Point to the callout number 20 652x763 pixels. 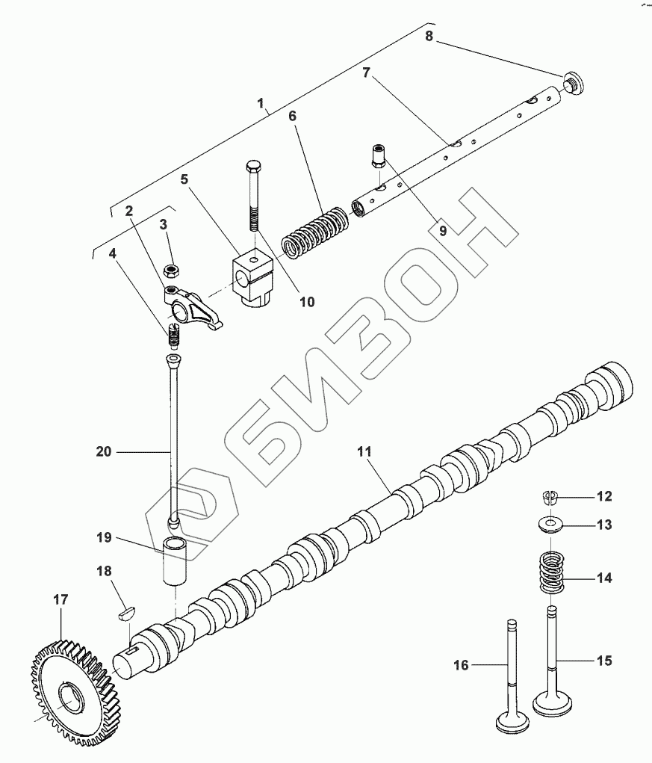[x=103, y=451]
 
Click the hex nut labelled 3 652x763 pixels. [x=173, y=267]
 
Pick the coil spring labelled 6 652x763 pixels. [x=317, y=230]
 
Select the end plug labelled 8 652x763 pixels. [x=574, y=82]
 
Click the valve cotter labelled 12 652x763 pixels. [x=550, y=496]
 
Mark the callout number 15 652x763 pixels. [x=603, y=661]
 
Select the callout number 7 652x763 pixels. [x=365, y=73]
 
